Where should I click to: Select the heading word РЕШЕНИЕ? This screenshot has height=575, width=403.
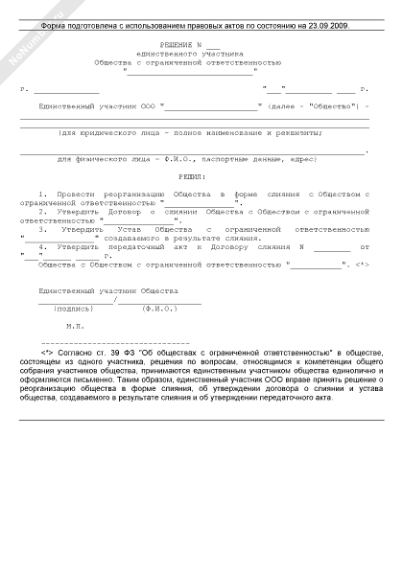[174, 47]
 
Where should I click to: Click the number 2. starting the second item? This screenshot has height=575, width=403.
[42, 212]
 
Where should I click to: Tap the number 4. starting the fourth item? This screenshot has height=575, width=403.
[42, 247]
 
